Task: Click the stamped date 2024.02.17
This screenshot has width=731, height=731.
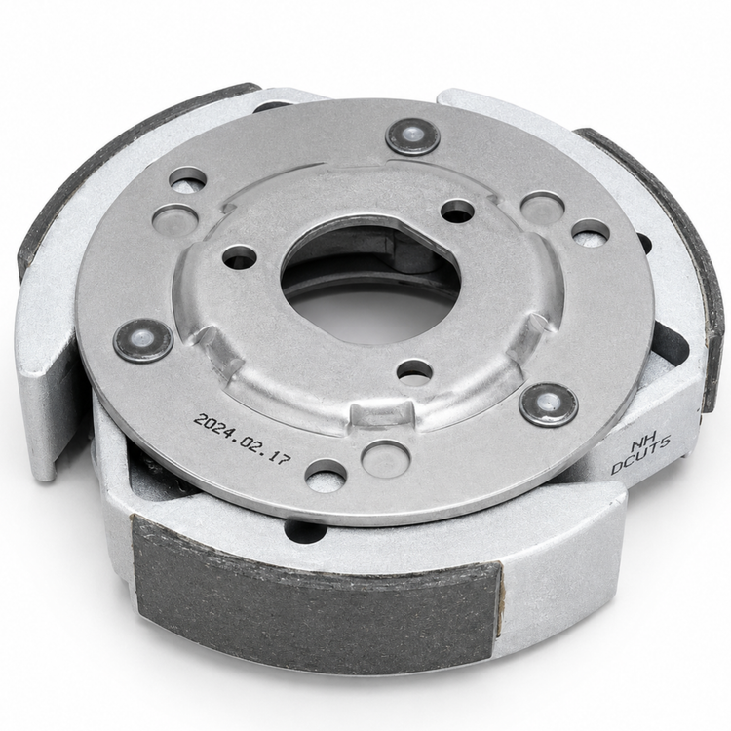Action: [242, 439]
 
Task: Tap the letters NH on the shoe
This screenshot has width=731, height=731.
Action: [643, 441]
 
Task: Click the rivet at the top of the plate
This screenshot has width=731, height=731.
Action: [412, 136]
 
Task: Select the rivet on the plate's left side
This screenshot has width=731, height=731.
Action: [143, 340]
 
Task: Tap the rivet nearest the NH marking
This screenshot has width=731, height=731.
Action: [549, 404]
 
